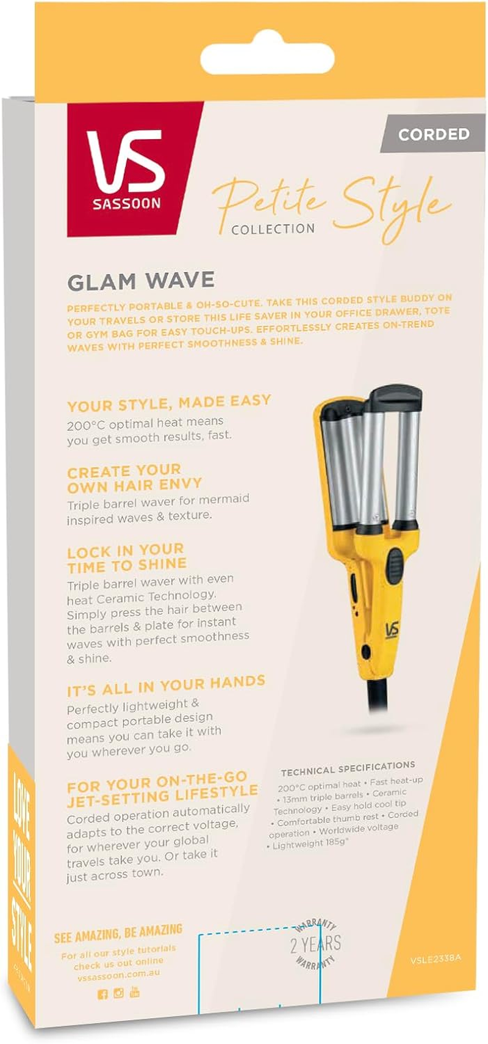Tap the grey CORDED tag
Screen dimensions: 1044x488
coord(433,134)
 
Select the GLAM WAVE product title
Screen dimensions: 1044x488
coord(141,281)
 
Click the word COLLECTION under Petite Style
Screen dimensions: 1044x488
coord(273,229)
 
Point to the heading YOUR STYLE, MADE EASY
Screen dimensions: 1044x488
coord(169,403)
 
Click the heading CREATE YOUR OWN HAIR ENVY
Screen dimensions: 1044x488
coord(134,478)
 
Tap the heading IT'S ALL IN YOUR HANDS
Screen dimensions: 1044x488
coord(166,686)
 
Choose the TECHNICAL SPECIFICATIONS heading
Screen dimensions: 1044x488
coord(348,768)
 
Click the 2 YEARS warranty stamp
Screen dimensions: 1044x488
coord(315,944)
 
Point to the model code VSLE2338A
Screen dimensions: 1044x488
coord(436,958)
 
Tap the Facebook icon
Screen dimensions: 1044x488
coord(102,994)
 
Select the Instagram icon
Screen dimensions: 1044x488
coord(118,993)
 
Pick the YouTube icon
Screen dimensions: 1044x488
coord(135,992)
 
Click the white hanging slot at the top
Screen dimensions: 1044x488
coord(267,59)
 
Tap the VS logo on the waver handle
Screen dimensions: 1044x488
coord(392,629)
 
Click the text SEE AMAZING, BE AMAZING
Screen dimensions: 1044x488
coord(118,934)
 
